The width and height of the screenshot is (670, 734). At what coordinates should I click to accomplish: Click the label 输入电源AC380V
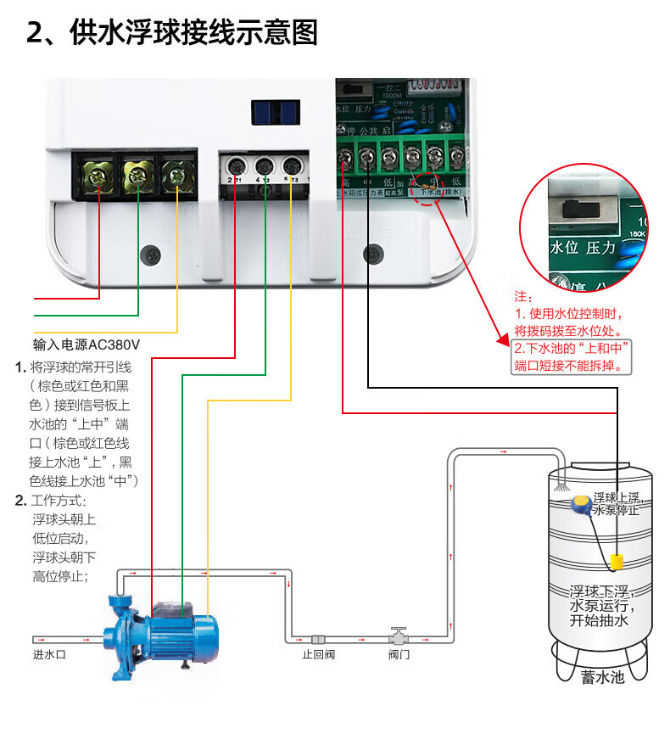pyautogui.click(x=86, y=345)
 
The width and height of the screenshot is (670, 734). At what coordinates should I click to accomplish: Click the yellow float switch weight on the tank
pyautogui.click(x=617, y=562)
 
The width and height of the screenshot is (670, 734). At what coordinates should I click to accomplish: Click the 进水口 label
pyautogui.click(x=49, y=654)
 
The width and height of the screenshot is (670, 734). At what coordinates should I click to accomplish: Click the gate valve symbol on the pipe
pyautogui.click(x=398, y=636)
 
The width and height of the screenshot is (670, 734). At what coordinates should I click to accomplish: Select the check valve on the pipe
pyautogui.click(x=319, y=638)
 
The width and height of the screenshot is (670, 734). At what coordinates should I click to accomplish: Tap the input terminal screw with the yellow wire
pyautogui.click(x=176, y=176)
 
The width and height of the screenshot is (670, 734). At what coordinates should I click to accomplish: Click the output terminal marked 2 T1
pyautogui.click(x=235, y=166)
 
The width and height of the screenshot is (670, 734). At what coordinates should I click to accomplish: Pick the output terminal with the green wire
pyautogui.click(x=264, y=166)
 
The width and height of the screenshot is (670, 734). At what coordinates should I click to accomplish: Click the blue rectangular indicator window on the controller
pyautogui.click(x=276, y=112)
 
